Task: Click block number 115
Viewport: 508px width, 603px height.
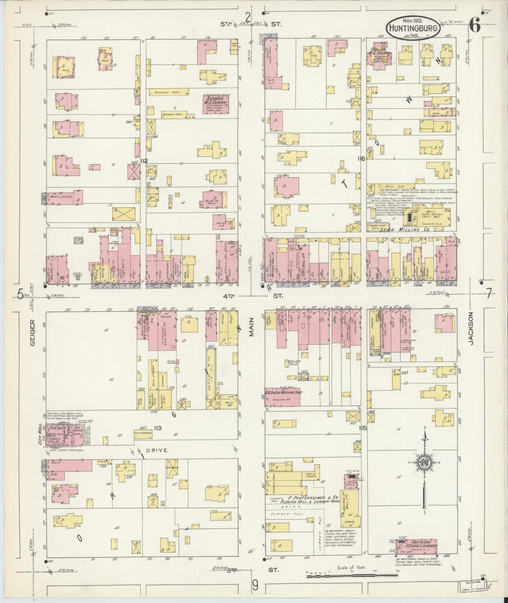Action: tap(363, 428)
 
